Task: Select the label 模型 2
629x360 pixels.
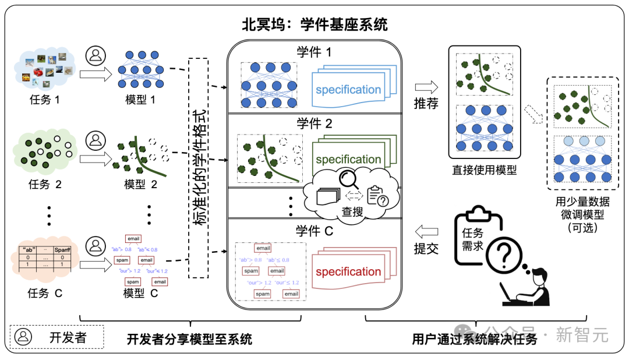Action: pos(141,185)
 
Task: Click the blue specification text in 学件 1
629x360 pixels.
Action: pos(348,90)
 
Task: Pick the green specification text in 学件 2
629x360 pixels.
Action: pos(348,160)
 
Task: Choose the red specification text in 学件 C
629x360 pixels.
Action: pos(348,272)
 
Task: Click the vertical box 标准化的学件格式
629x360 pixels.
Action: pos(199,168)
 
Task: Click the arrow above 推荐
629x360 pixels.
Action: pos(426,87)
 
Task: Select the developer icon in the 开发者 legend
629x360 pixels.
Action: pos(24,337)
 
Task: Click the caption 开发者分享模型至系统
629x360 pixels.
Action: pos(189,339)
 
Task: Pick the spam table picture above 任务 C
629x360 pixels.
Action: pos(45,260)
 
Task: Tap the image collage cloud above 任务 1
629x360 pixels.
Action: pos(45,69)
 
